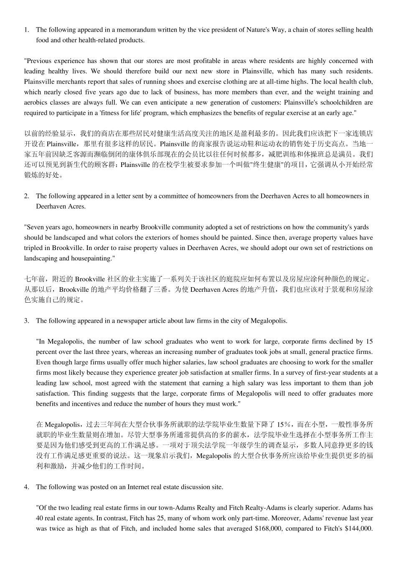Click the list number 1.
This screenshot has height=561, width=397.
point(26,30)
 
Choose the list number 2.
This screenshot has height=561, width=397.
point(26,196)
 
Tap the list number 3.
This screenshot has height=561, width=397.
point(26,321)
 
